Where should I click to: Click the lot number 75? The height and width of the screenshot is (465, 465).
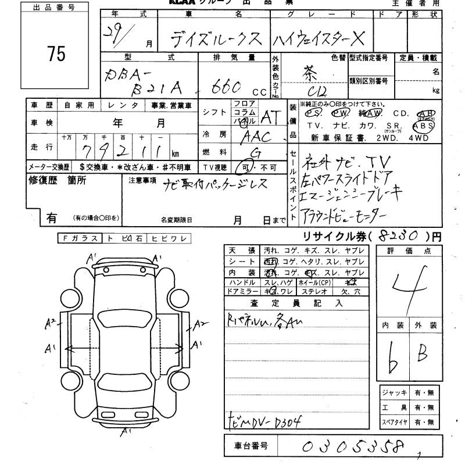coord(57,54)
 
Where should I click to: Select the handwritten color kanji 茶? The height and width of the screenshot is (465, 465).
coord(314,74)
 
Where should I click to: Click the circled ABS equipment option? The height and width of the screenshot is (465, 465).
coord(423,124)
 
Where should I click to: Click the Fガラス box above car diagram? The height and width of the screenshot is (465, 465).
coord(80,238)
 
